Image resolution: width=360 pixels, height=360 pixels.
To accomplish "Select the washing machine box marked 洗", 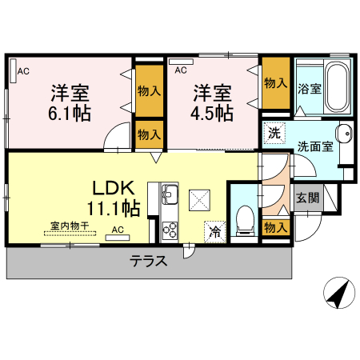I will click(274, 134).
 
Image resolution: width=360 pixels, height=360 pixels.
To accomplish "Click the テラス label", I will click(149, 262).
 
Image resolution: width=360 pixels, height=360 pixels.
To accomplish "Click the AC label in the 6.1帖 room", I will click(25, 72).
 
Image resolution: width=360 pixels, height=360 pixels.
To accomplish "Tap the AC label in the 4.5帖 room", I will click(181, 70).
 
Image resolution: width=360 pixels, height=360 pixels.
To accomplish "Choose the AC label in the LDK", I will click(118, 230).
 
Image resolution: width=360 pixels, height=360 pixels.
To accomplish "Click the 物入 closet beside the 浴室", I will click(274, 83).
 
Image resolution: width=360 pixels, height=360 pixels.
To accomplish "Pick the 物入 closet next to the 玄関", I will click(274, 228).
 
